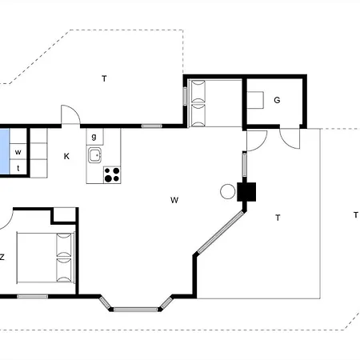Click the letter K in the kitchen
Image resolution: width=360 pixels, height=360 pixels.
(x=66, y=156)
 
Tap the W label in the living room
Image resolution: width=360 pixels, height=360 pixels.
(x=174, y=200)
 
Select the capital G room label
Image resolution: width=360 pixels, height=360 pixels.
(x=277, y=100)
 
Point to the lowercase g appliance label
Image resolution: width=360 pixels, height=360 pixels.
(x=94, y=137)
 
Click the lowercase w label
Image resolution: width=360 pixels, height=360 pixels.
(x=18, y=152)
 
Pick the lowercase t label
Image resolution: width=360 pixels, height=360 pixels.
(x=18, y=168)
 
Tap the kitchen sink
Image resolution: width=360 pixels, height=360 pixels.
(x=95, y=155)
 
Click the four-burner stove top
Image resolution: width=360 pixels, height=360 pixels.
(x=112, y=174)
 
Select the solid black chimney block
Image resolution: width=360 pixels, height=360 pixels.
(x=246, y=192)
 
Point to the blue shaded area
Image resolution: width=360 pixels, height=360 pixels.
(x=5, y=151)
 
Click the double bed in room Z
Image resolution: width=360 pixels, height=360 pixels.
(x=46, y=258)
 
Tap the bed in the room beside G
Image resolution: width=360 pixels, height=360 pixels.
(x=197, y=103)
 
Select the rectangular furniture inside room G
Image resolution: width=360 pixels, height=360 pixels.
(x=255, y=100)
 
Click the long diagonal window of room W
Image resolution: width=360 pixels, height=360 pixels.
(x=221, y=232)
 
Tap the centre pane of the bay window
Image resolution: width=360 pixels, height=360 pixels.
(x=136, y=310)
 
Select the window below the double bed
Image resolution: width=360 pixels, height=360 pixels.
(x=33, y=296)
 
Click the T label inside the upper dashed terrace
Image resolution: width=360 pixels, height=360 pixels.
(x=104, y=78)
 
